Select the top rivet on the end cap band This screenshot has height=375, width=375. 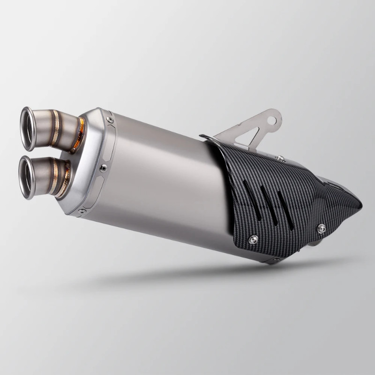(x=110, y=120)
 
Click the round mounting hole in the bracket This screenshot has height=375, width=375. (x=271, y=120)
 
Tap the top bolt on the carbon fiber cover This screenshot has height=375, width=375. (x=280, y=158)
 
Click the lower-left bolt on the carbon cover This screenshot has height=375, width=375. (x=254, y=239)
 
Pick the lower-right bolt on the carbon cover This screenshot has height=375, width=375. (x=322, y=228)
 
